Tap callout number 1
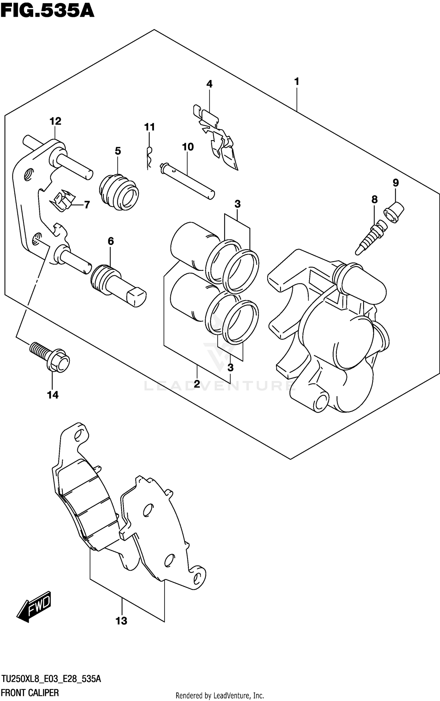pyautogui.click(x=297, y=81)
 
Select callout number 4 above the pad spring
pyautogui.click(x=209, y=84)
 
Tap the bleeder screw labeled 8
pyautogui.click(x=370, y=236)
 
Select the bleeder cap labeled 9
pyautogui.click(x=394, y=212)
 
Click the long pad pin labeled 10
pyautogui.click(x=187, y=181)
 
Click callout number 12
pyautogui.click(x=55, y=121)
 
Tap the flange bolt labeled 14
pyautogui.click(x=50, y=357)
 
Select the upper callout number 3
pyautogui.click(x=238, y=204)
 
